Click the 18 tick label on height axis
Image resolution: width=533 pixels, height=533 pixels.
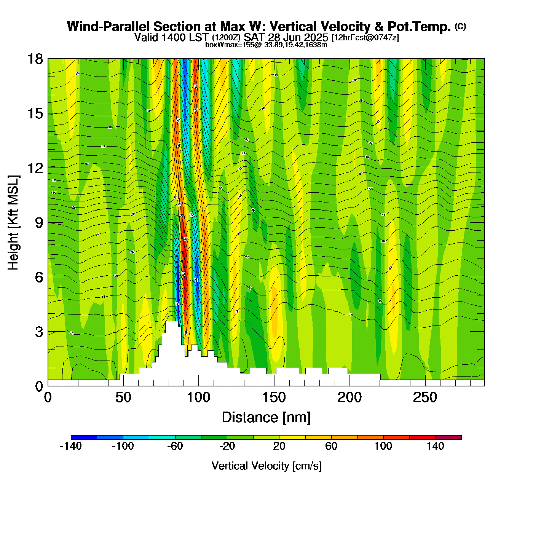[35, 59]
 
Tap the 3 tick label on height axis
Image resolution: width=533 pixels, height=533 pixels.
[39, 332]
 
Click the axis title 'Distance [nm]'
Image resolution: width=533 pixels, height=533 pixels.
[266, 417]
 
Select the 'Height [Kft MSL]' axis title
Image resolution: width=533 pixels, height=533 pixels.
[13, 223]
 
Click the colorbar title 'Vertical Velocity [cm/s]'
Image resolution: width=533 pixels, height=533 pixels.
[266, 466]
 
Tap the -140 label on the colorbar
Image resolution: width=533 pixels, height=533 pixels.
[71, 446]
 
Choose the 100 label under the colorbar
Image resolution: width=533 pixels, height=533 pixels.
[383, 446]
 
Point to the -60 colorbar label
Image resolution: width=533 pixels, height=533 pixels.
[175, 446]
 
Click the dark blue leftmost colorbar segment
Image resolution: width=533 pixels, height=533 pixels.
[84, 437]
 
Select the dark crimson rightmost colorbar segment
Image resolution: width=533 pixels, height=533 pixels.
[448, 437]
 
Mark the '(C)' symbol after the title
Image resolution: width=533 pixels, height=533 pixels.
[460, 26]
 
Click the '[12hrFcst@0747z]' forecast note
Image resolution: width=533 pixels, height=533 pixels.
[365, 38]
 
